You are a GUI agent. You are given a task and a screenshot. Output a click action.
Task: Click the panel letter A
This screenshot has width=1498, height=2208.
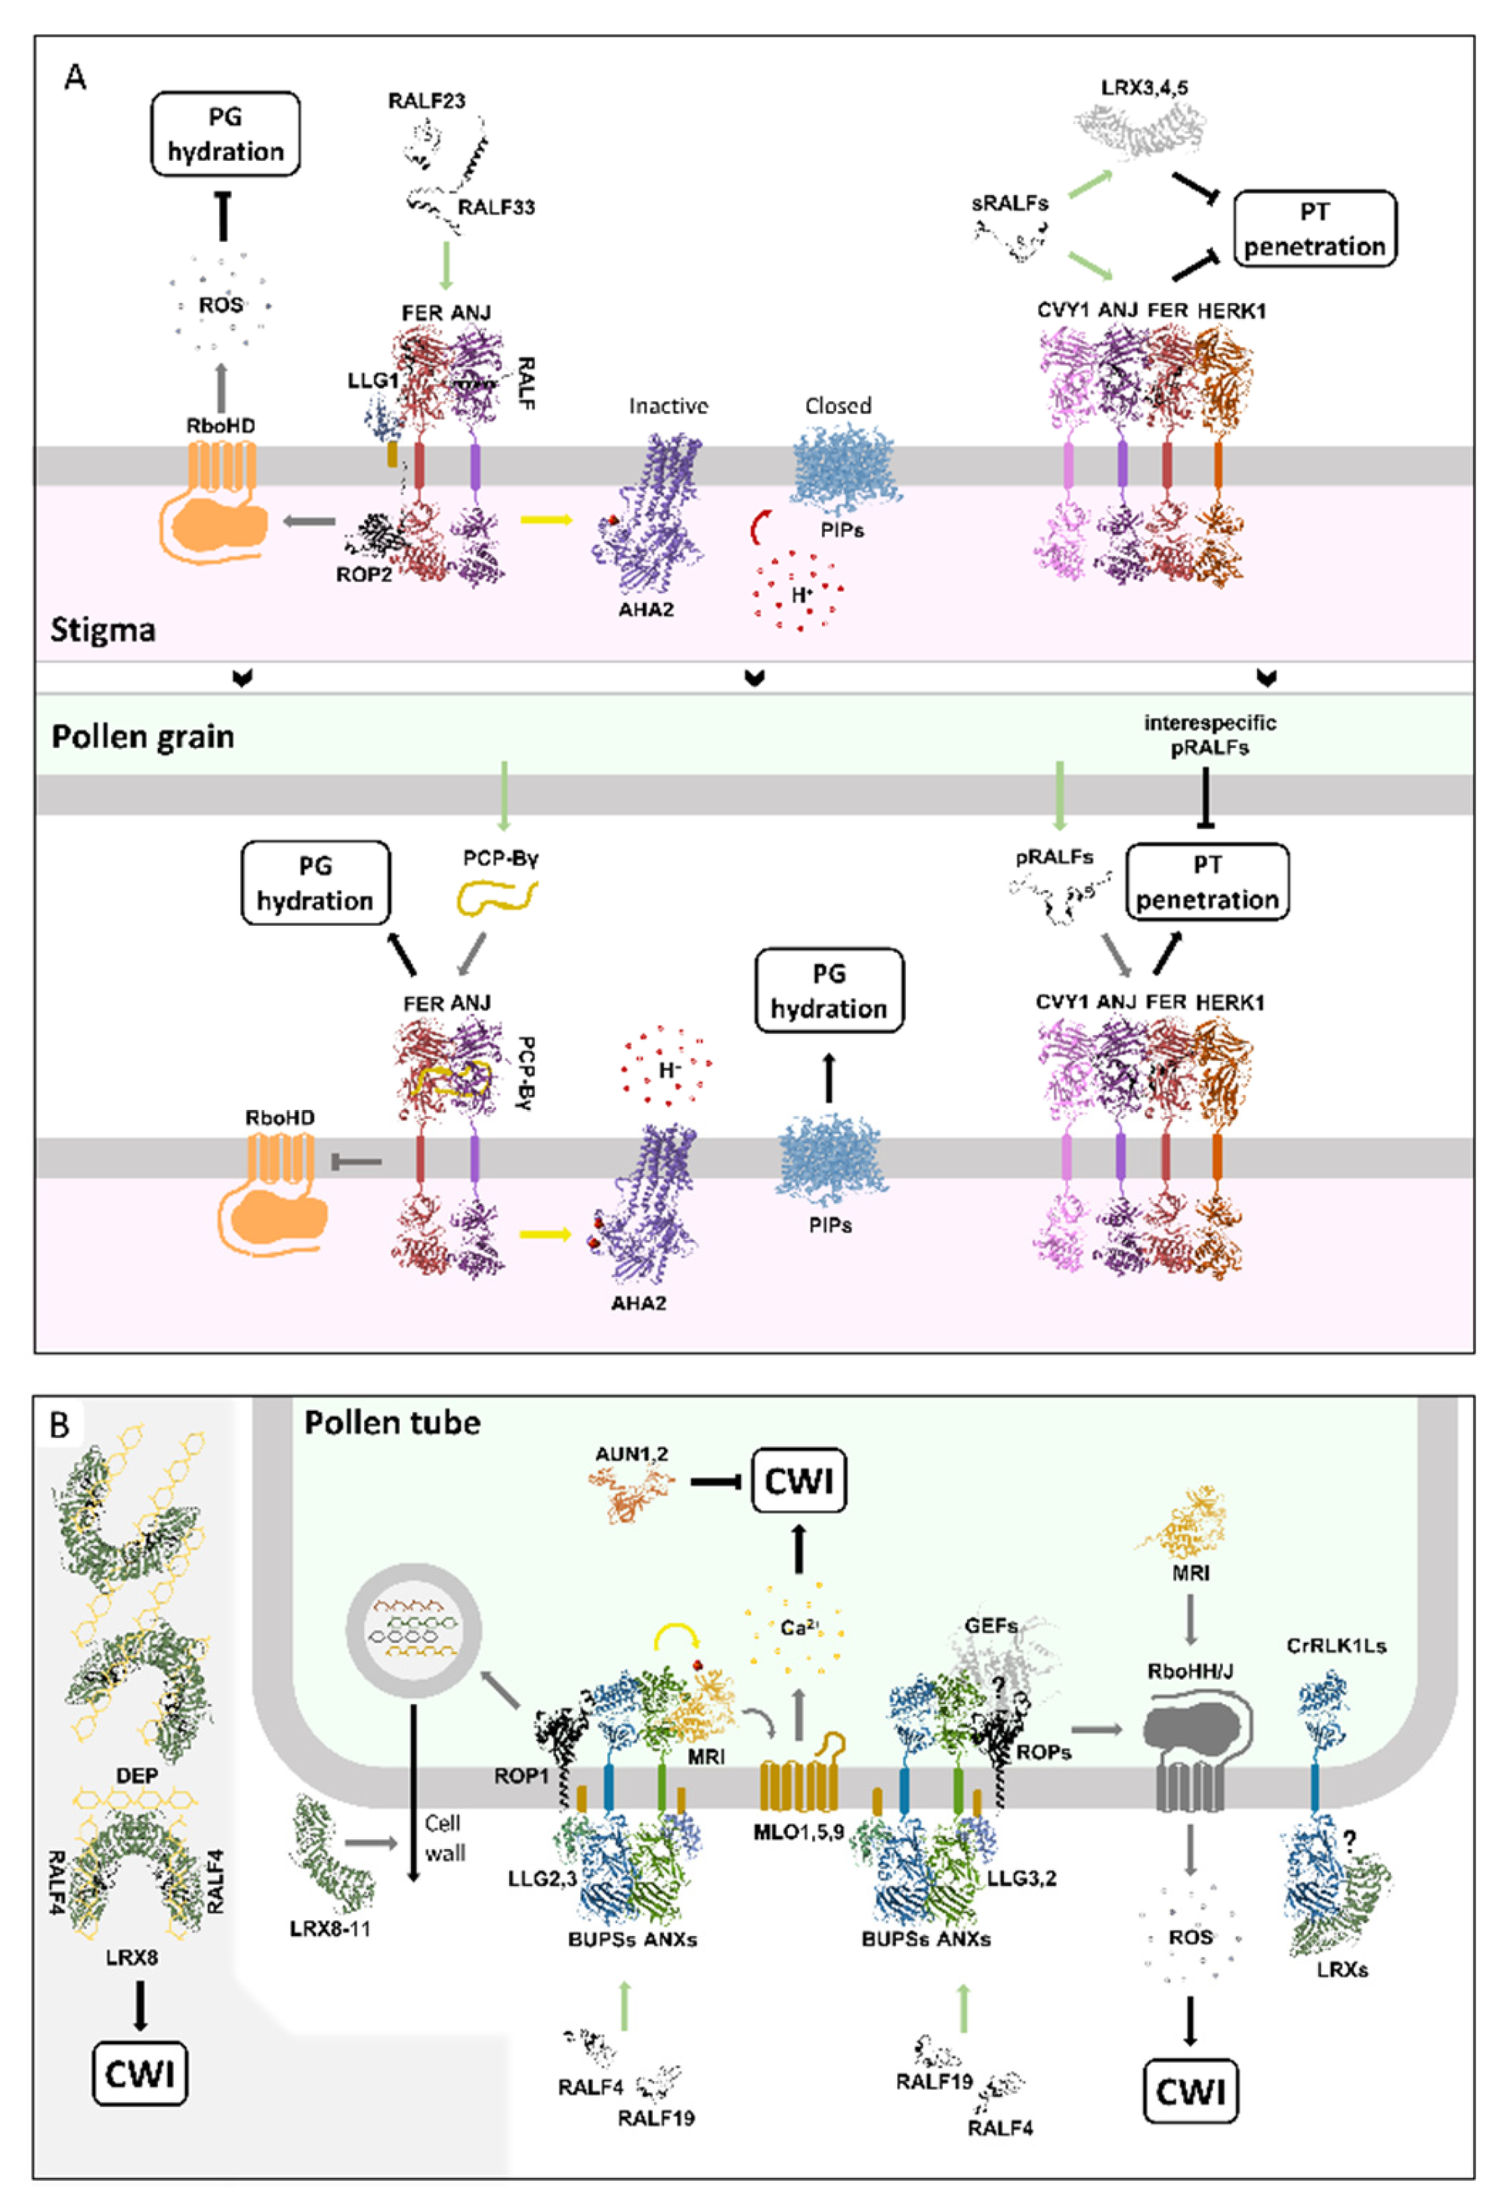coord(74,76)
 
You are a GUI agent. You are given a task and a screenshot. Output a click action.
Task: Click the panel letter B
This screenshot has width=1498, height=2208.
coord(60,1425)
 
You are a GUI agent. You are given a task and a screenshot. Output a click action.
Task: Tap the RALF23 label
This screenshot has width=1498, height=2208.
coord(427,100)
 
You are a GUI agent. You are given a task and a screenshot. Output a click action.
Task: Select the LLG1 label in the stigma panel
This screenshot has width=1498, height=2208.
coord(372,381)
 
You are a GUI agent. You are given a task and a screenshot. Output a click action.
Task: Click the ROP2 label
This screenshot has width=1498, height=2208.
coord(364,574)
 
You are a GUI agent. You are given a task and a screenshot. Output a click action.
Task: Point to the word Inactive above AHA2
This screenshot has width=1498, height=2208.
coord(668,407)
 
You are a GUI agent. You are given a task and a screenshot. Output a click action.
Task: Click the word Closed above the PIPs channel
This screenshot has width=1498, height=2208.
coord(838,406)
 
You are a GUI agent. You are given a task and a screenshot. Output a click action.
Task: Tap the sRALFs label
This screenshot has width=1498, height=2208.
coord(1010,203)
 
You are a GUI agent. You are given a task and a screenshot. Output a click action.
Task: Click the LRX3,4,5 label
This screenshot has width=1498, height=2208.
coord(1144,88)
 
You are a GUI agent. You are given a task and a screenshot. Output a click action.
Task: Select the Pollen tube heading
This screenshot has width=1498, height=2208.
coord(392,1422)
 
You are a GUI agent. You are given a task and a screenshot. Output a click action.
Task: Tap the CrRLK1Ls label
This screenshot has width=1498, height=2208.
coord(1336,1646)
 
